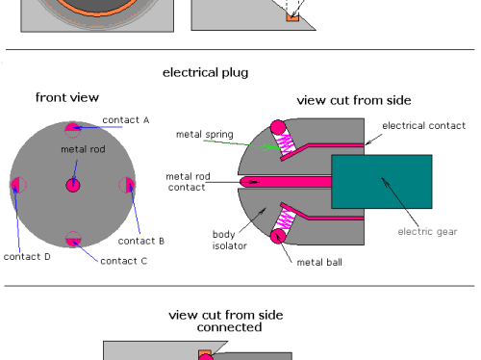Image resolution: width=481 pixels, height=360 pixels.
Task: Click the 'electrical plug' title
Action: [205, 73]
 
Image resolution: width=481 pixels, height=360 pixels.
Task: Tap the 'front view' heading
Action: [67, 97]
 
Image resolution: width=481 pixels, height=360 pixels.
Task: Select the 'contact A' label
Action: [126, 120]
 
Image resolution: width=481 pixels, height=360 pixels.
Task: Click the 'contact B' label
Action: [141, 241]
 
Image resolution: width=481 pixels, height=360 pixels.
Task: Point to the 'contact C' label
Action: [124, 261]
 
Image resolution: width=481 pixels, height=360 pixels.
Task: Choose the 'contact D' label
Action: [27, 257]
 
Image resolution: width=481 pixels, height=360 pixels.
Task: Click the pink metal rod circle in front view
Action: [73, 185]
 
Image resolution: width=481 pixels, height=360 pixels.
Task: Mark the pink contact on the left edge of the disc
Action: [15, 185]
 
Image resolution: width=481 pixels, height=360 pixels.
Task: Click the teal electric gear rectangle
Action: [382, 182]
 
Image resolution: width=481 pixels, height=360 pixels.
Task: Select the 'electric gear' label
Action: [427, 232]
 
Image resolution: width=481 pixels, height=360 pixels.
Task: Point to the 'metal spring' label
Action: [205, 134]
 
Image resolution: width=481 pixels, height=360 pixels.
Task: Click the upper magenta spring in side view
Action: [286, 143]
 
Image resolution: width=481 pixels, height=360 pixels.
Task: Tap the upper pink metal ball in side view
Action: [278, 127]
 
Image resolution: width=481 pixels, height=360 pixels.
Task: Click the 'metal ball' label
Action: [319, 262]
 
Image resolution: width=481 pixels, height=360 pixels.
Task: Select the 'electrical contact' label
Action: [423, 125]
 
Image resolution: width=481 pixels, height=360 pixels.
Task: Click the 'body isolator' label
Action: [230, 240]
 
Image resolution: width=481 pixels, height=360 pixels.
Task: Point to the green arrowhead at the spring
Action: [272, 147]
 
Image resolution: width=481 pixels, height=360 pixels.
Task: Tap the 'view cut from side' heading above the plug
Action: [354, 100]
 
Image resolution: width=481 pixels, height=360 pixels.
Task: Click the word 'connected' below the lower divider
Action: [229, 327]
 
